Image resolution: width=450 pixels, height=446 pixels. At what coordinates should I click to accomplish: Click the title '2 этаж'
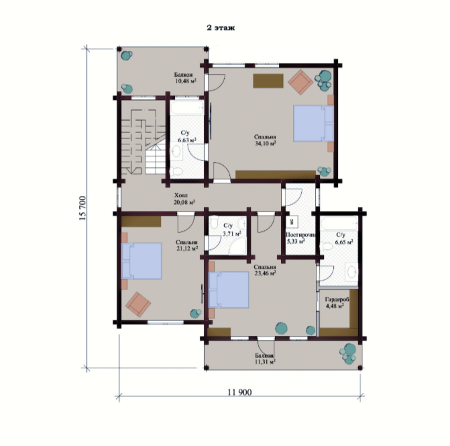pos(221,28)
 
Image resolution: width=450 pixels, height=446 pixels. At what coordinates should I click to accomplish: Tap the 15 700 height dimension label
pos(82,208)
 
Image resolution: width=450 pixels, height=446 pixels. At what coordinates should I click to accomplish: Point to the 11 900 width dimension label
pos(239,392)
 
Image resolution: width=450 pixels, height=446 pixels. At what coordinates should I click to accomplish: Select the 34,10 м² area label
pos(266,143)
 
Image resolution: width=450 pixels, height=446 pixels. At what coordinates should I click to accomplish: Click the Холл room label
pos(181,195)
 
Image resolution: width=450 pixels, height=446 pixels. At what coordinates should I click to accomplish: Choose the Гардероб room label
pos(337,300)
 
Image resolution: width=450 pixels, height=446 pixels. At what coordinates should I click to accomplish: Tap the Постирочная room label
pos(301,235)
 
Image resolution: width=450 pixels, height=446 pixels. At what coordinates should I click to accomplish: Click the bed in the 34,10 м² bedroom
pos(313,124)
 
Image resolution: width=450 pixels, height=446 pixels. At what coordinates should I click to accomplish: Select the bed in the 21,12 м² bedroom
pos(142,261)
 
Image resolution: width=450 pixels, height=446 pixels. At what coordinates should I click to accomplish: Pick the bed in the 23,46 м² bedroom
pos(229,290)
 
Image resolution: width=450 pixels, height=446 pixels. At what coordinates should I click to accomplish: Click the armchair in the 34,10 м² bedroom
pos(300,82)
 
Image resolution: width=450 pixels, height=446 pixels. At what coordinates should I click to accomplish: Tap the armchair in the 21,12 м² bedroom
pos(138,305)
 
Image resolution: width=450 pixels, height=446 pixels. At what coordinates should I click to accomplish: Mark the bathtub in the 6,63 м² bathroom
pos(187,108)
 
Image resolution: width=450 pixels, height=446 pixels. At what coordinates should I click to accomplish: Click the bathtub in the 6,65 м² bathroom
pos(339,224)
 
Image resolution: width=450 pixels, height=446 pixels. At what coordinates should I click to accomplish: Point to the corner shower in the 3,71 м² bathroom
pos(237,247)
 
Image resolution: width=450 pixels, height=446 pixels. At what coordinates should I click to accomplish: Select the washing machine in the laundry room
pos(292,222)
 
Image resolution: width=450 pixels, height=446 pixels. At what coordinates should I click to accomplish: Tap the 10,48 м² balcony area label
pos(186,81)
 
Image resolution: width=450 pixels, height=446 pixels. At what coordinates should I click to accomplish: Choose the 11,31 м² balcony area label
pos(265,362)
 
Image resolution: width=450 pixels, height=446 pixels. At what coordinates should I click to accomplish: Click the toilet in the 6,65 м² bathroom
pos(327,247)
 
